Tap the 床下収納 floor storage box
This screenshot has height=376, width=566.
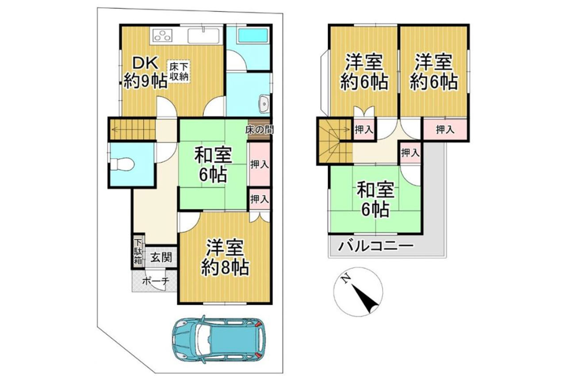(179, 72)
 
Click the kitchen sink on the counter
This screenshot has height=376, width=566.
(203, 36)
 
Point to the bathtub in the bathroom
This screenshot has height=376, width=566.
(253, 35)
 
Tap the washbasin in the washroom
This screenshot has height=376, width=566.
(264, 104)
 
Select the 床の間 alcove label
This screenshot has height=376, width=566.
(259, 130)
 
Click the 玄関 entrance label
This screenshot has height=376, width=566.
(161, 257)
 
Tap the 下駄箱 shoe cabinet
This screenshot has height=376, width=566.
(138, 251)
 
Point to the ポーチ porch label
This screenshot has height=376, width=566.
(155, 281)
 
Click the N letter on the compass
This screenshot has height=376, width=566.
(345, 279)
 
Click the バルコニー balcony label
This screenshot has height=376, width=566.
(376, 246)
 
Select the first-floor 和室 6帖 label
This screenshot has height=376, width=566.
(213, 165)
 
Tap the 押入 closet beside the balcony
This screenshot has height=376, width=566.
(410, 153)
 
